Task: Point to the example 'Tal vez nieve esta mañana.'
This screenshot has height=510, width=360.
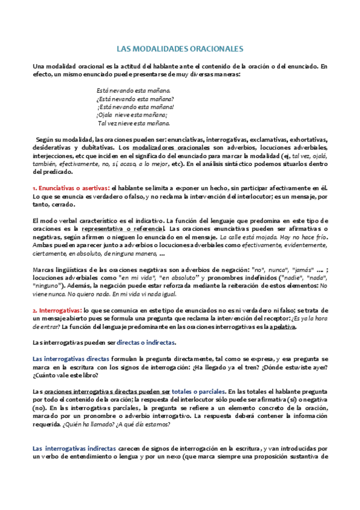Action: point(134,123)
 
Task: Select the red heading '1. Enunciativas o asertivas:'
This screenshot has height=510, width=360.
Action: point(71,188)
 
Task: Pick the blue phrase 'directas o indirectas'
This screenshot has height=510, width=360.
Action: point(145,342)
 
